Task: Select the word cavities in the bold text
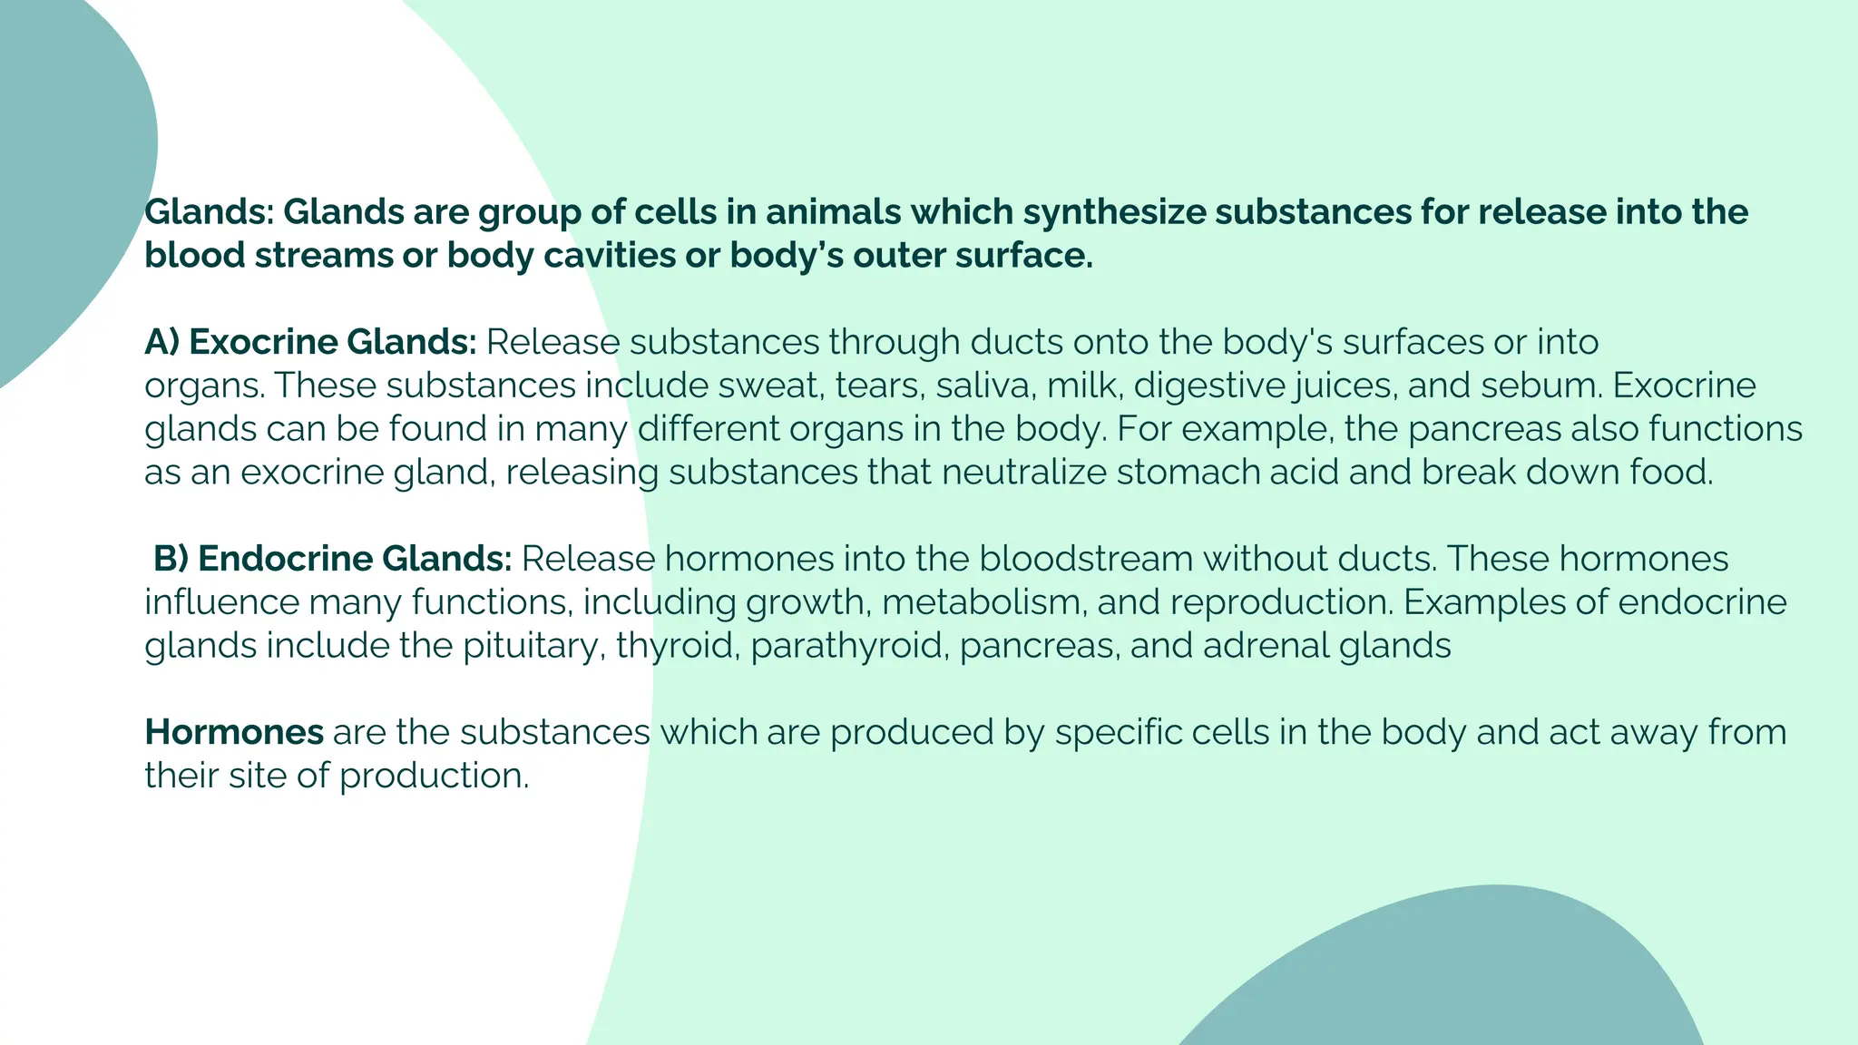pos(609,256)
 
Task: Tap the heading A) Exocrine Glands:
pos(310,343)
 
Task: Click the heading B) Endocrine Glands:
pos(332,559)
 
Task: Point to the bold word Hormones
pos(234,732)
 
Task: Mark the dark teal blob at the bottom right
pos(1470,980)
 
